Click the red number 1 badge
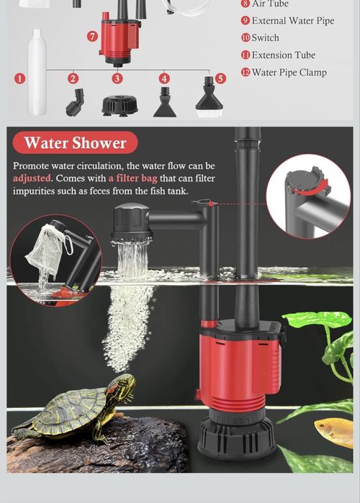(x=20, y=78)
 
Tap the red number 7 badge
(x=92, y=36)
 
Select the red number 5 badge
(x=220, y=78)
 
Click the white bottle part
(x=37, y=72)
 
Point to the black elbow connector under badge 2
(x=76, y=102)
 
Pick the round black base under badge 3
(x=120, y=106)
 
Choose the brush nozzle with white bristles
(x=209, y=97)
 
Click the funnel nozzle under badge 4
(x=165, y=102)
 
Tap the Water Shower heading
(x=76, y=142)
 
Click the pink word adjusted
(x=32, y=178)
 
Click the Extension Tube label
(x=284, y=55)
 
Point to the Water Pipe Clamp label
(x=289, y=72)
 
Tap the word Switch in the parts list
(x=266, y=37)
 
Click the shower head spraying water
(x=131, y=222)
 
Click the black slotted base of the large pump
(x=237, y=438)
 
